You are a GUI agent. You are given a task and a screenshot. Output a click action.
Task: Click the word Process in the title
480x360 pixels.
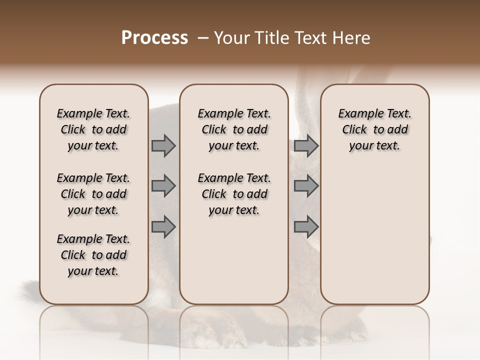pyautogui.click(x=154, y=37)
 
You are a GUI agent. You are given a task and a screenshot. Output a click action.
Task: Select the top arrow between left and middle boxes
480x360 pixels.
pyautogui.click(x=163, y=146)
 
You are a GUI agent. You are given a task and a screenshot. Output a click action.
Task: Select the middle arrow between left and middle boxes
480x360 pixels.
pyautogui.click(x=163, y=186)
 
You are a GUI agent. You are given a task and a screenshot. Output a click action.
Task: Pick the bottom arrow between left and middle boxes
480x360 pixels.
pyautogui.click(x=163, y=227)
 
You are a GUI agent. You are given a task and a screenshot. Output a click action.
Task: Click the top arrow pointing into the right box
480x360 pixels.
pyautogui.click(x=306, y=146)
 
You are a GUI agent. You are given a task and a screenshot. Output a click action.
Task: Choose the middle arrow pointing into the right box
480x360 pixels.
pyautogui.click(x=306, y=186)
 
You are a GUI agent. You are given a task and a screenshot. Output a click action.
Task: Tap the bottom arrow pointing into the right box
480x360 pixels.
pyautogui.click(x=306, y=227)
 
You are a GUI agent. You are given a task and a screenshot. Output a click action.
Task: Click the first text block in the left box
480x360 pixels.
pyautogui.click(x=93, y=129)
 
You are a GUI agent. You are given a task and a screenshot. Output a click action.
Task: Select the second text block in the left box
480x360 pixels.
pyautogui.click(x=93, y=194)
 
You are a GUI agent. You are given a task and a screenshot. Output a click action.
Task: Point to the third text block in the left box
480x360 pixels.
pyautogui.click(x=93, y=255)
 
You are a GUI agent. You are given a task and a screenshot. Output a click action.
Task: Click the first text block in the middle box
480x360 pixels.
pyautogui.click(x=234, y=129)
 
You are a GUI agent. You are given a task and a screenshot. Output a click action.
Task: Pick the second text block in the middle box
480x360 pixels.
pyautogui.click(x=234, y=194)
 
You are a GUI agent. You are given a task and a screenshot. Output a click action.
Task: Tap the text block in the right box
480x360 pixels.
pyautogui.click(x=375, y=129)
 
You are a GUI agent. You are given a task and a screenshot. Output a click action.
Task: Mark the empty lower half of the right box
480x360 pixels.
pyautogui.click(x=375, y=235)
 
